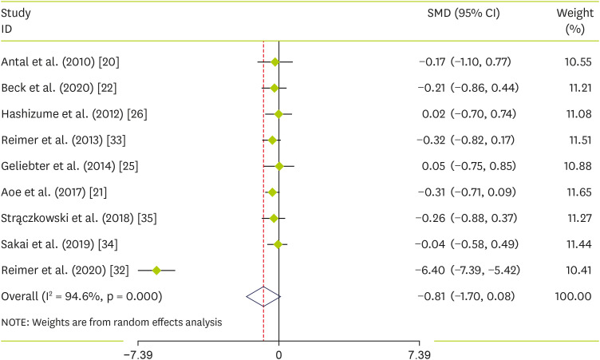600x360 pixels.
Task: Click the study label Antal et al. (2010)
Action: tap(61, 61)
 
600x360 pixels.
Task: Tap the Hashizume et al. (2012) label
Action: tap(74, 114)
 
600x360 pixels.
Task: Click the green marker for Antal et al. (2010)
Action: tap(275, 61)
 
